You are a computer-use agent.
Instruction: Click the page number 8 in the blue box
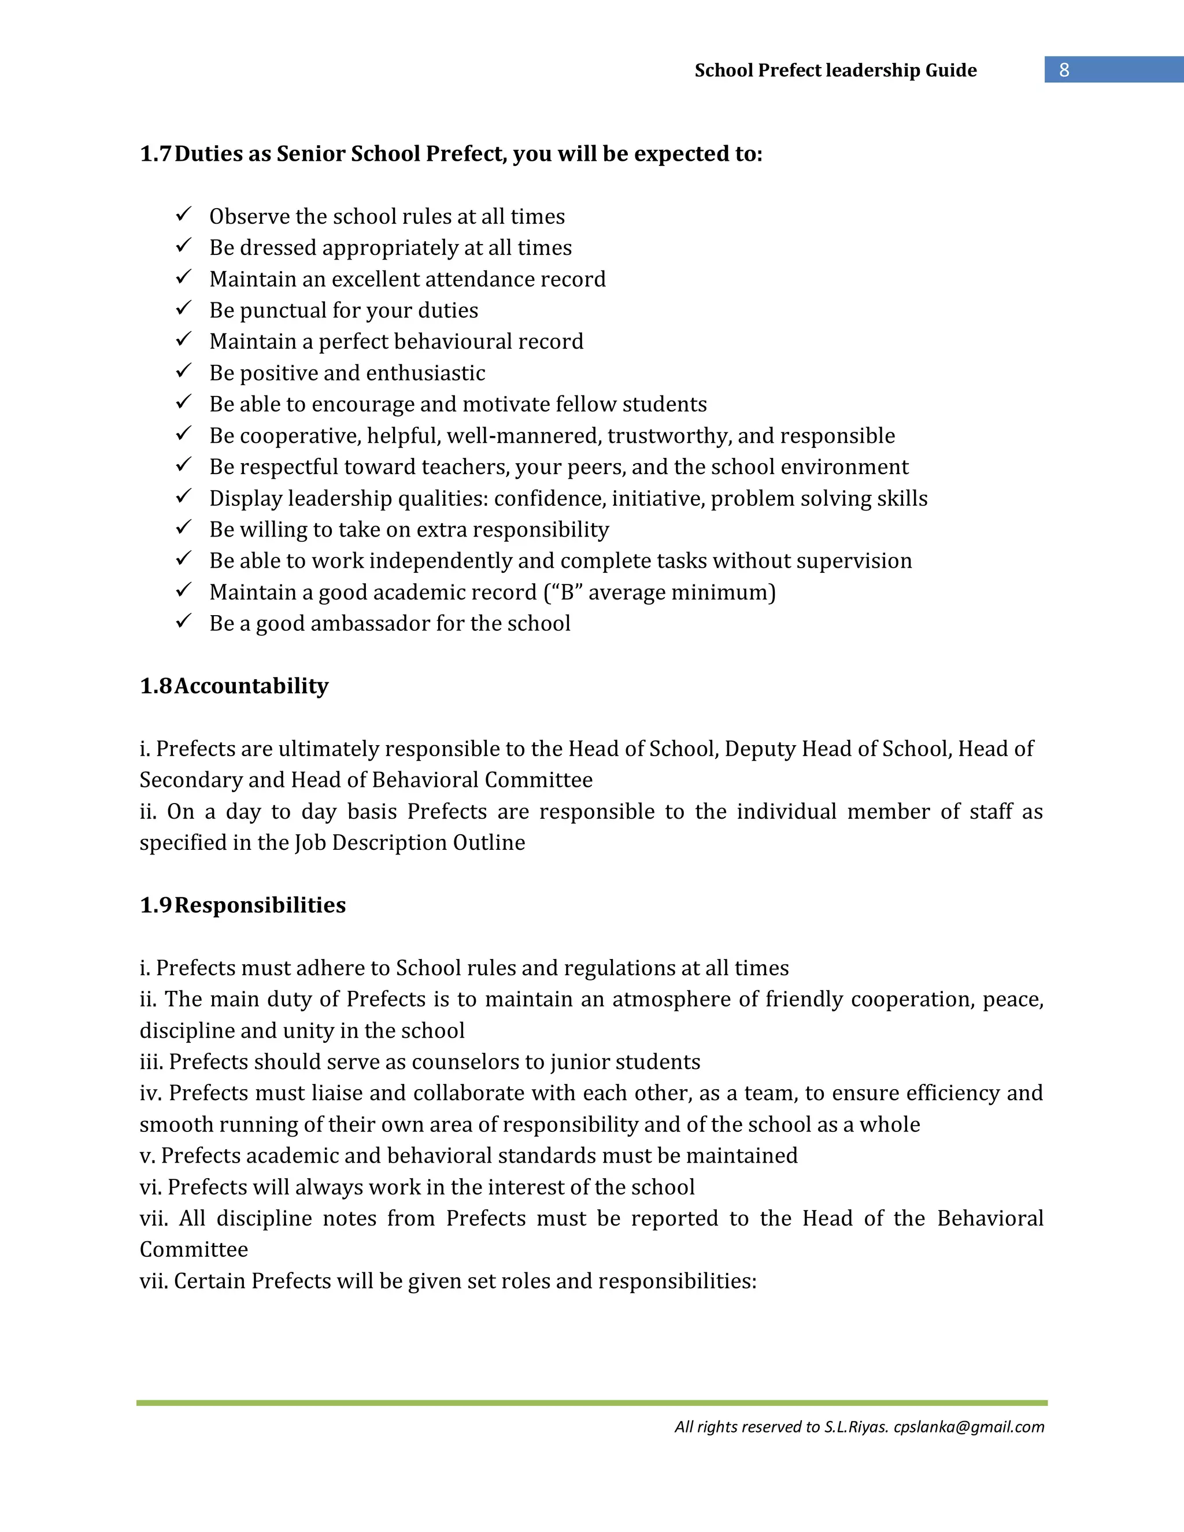pos(1064,69)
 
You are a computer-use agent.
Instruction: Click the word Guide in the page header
pos(950,70)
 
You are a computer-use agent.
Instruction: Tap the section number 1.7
pos(155,154)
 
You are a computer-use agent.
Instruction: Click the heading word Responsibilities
pos(260,905)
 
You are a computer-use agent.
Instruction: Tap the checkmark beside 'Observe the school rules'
pos(184,214)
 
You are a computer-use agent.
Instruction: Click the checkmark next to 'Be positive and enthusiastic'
pos(184,371)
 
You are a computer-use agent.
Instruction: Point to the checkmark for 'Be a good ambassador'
pos(184,621)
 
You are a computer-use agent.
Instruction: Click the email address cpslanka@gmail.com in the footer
pos(969,1427)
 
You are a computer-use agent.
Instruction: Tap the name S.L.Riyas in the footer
pos(856,1427)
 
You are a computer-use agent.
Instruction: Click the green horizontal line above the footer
pos(591,1403)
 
